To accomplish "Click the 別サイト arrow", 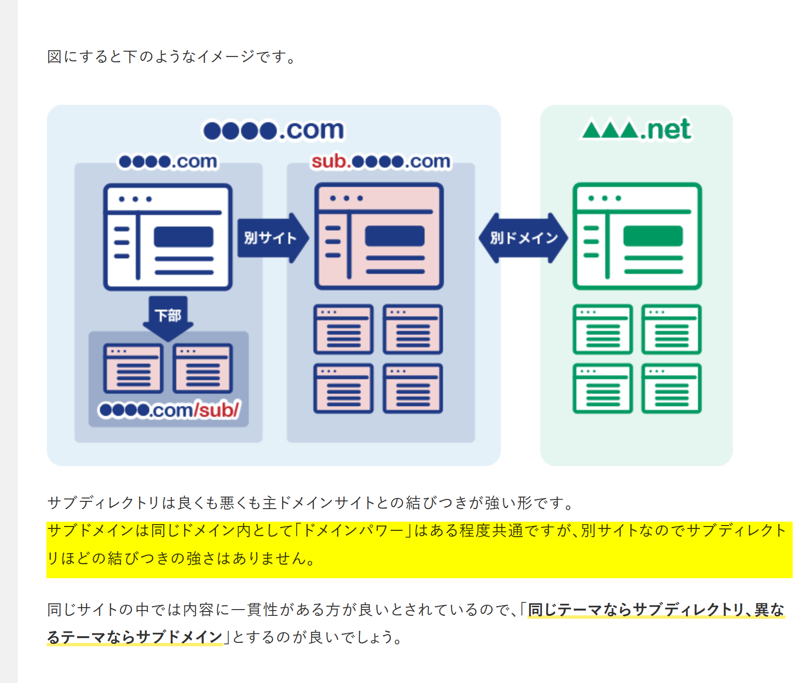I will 272,238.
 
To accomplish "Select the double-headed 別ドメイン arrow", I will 523,238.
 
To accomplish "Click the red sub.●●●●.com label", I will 381,161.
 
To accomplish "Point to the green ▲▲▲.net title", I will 636,129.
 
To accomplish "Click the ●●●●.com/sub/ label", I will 169,410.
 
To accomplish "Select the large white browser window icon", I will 168,237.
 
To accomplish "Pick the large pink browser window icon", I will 379,236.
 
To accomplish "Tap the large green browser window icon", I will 637,236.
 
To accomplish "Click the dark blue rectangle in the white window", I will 184,237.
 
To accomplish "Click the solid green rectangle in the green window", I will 653,236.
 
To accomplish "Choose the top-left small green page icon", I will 602,329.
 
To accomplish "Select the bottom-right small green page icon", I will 671,388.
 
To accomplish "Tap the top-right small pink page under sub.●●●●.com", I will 413,329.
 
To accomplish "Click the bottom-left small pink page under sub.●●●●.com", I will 343,388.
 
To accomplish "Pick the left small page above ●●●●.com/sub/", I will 133,369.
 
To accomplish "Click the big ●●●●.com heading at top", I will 273,130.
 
